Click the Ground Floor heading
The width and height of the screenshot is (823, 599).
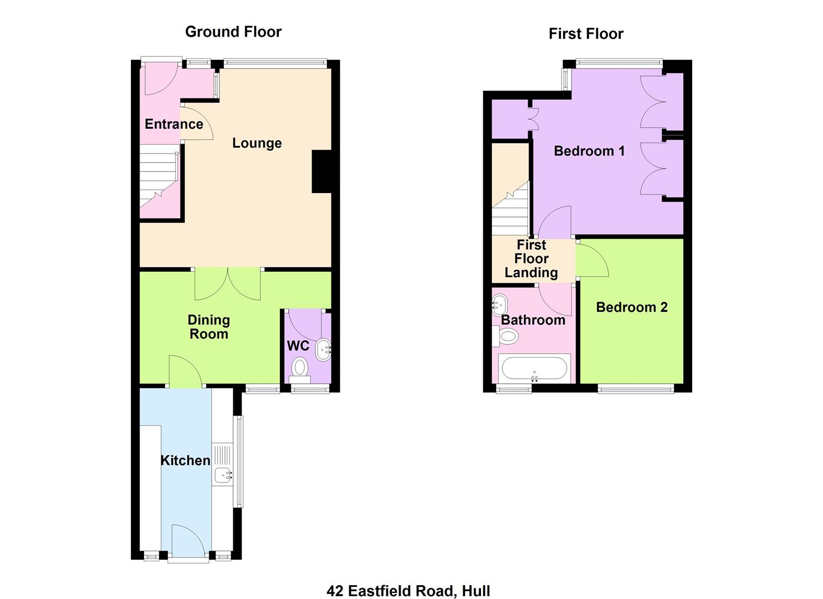pyautogui.click(x=233, y=32)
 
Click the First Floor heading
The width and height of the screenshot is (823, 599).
pyautogui.click(x=586, y=34)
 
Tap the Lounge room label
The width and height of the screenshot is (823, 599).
pyautogui.click(x=257, y=143)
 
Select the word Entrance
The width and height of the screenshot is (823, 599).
pyautogui.click(x=173, y=124)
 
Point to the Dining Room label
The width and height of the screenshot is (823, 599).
pyautogui.click(x=208, y=327)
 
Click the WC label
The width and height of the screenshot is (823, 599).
pyautogui.click(x=298, y=346)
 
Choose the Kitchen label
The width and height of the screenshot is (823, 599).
pyautogui.click(x=185, y=460)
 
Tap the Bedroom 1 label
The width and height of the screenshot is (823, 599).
pyautogui.click(x=589, y=151)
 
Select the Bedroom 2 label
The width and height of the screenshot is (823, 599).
pyautogui.click(x=631, y=307)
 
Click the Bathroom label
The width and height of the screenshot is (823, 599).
pyautogui.click(x=533, y=320)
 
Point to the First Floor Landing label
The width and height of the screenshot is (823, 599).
pyautogui.click(x=531, y=258)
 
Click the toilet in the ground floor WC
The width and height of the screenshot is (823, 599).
pyautogui.click(x=300, y=368)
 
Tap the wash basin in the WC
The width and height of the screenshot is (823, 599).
pyautogui.click(x=323, y=349)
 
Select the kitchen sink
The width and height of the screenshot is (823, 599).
pyautogui.click(x=223, y=474)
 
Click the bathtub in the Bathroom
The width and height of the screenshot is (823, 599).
pyautogui.click(x=533, y=368)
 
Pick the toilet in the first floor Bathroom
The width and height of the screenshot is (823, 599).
pyautogui.click(x=507, y=336)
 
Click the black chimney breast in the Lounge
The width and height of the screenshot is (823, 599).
pyautogui.click(x=321, y=171)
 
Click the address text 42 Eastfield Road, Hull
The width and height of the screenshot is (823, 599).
pyautogui.click(x=408, y=591)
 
